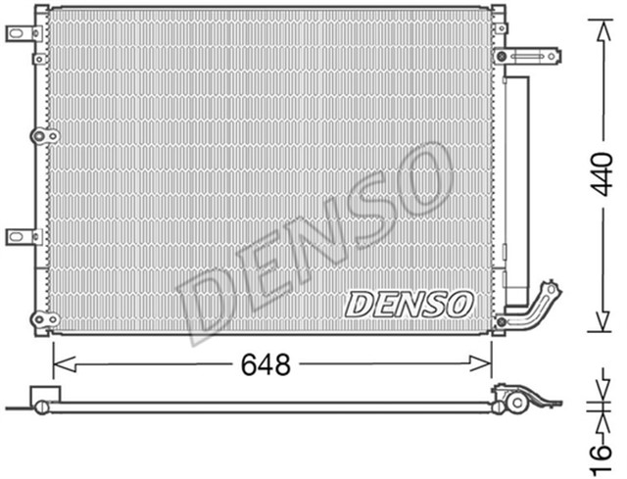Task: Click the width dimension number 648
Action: tap(265, 365)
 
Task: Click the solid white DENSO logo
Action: tap(409, 305)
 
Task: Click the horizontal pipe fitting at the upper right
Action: tap(530, 56)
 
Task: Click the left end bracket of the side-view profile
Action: tap(42, 401)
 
